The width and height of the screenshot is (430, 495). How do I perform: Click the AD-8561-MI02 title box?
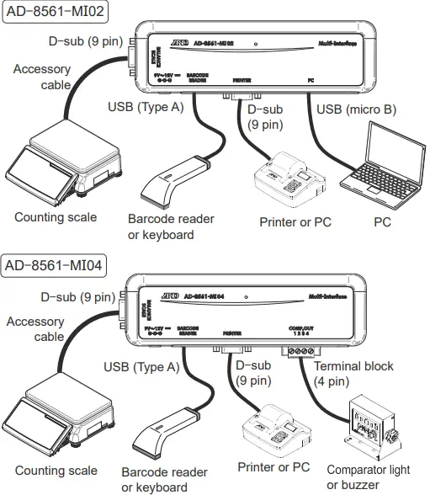55,13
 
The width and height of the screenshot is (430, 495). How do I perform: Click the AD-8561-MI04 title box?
55,266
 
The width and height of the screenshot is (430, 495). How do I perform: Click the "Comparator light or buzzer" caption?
369,477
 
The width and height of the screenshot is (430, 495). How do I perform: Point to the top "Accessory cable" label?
42,77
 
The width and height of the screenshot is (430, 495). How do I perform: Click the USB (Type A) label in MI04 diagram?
141,367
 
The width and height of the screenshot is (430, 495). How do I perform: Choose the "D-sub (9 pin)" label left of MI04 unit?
77,296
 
